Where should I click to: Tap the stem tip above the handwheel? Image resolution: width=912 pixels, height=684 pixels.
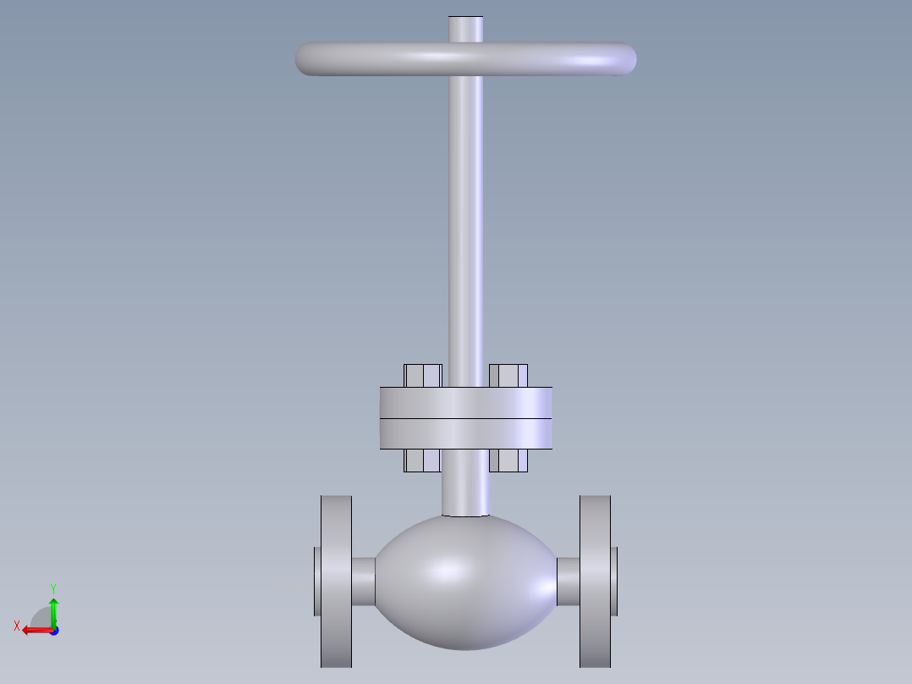[466, 29]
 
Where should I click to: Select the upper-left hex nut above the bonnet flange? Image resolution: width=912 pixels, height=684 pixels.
[423, 376]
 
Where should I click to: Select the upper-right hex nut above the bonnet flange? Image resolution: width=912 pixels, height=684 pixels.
[508, 376]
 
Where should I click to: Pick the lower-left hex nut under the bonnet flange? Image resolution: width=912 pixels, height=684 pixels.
[423, 460]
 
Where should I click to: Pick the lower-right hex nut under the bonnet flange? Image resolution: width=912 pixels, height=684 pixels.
[508, 460]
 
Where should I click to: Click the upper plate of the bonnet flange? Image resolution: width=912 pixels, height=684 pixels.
[466, 403]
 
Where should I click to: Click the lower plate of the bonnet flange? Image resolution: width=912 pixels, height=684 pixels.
[466, 433]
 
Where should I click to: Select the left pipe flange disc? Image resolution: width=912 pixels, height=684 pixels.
[336, 581]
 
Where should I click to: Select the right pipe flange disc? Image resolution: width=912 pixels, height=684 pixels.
[595, 581]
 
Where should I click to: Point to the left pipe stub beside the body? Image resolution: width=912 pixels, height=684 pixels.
[363, 582]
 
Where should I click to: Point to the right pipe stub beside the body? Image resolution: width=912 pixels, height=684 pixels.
[568, 582]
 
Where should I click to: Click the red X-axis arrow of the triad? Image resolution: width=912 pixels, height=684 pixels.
[34, 630]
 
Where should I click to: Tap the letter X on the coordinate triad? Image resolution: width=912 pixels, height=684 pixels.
[16, 626]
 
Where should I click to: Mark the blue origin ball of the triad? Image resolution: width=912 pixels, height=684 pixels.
[53, 631]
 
